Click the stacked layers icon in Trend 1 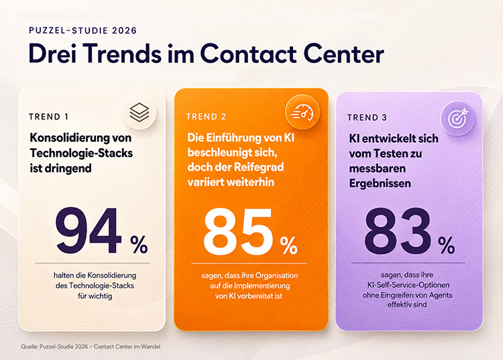(139, 113)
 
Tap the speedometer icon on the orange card (302, 112)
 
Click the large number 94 (89, 231)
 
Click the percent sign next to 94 (139, 245)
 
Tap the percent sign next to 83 (446, 245)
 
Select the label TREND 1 (48, 117)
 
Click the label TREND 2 (206, 117)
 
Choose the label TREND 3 (367, 117)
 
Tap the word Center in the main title (343, 54)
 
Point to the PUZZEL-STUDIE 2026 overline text (82, 30)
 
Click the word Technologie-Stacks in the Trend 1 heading (81, 154)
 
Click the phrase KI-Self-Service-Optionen (408, 285)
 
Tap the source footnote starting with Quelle (91, 347)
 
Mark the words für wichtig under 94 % (95, 296)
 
